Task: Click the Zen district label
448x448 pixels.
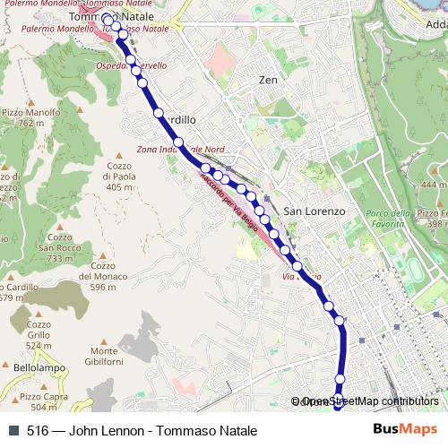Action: (x=267, y=80)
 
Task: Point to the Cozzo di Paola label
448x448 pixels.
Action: (x=119, y=177)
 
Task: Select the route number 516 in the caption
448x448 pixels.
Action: (x=38, y=431)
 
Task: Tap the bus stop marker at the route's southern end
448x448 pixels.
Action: (x=338, y=404)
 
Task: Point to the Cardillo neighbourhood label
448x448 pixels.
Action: (x=177, y=119)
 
